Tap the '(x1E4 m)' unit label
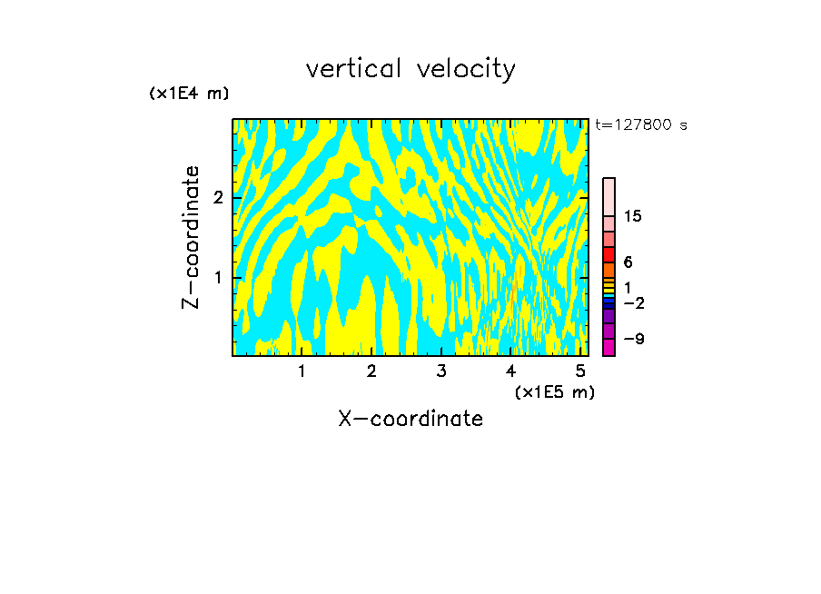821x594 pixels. (x=189, y=94)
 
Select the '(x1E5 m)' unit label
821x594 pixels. (x=554, y=391)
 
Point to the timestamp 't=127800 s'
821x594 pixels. (x=641, y=124)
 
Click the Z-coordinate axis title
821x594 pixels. (x=191, y=237)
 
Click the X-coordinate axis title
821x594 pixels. (x=410, y=419)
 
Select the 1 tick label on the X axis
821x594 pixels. (x=302, y=371)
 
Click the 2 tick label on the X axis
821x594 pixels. (x=371, y=371)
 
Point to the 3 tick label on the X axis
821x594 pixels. (x=441, y=371)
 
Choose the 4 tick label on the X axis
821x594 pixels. (x=511, y=371)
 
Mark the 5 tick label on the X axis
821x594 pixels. (x=580, y=371)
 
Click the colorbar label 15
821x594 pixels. (x=633, y=216)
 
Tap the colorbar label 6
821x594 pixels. (x=628, y=262)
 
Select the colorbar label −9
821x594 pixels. (x=633, y=339)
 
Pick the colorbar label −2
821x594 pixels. (x=633, y=302)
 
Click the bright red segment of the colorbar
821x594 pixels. (x=609, y=254)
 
